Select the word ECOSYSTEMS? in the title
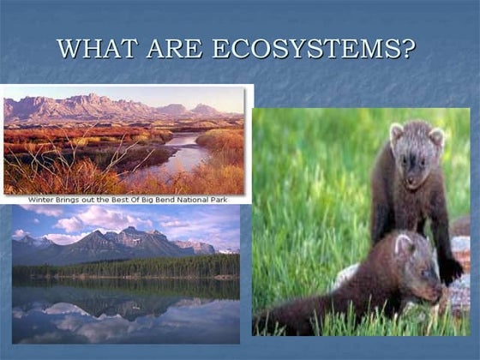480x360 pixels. pos(312,48)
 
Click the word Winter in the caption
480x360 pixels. pos(45,198)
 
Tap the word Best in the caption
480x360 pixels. pos(134,198)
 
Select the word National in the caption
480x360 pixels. pos(208,198)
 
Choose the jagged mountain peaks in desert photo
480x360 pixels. pos(94,105)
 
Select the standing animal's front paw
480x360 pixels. pos(451,273)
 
